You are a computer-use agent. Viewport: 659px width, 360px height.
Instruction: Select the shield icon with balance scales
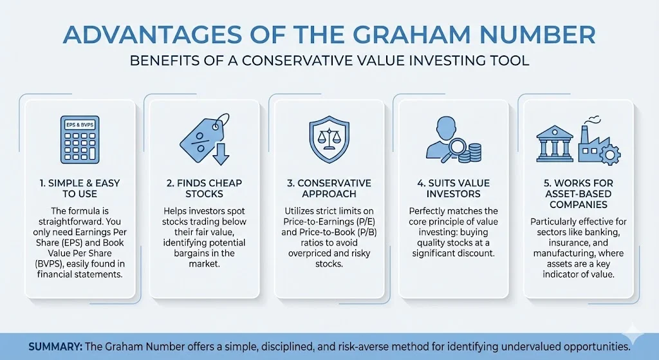pyautogui.click(x=329, y=139)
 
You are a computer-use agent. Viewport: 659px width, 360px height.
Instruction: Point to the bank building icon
pyautogui.click(x=555, y=142)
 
